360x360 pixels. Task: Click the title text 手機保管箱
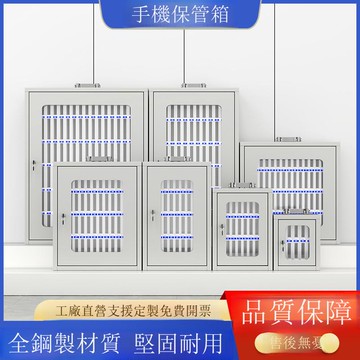pos(179,13)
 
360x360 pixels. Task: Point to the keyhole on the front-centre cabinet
pos(151,216)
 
